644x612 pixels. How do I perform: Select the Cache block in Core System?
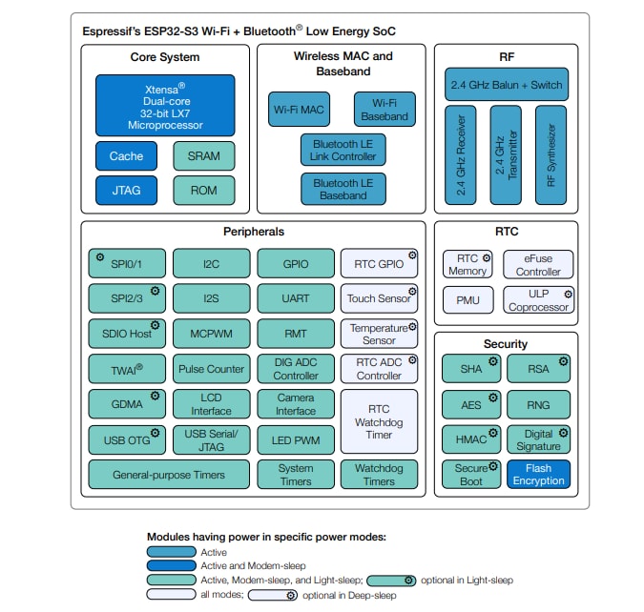(x=126, y=156)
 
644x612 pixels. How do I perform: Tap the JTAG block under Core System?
(x=126, y=190)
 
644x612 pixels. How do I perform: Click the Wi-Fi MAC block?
(x=299, y=110)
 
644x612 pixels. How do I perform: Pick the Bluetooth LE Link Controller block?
(x=343, y=150)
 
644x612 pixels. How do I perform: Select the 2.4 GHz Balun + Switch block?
(x=506, y=84)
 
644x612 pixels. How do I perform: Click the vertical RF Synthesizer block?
(x=551, y=154)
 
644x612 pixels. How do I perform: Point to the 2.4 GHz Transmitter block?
(x=506, y=154)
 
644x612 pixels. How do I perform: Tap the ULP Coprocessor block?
(x=539, y=300)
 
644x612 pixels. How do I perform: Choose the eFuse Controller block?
(x=539, y=265)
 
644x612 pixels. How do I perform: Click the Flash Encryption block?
(x=539, y=474)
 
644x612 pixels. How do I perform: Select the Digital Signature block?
(x=539, y=439)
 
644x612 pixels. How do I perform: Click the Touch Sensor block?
(x=380, y=297)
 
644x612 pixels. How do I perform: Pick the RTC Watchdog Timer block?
(x=380, y=421)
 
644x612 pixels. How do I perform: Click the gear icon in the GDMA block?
(x=155, y=395)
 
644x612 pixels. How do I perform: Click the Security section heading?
(x=506, y=343)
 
